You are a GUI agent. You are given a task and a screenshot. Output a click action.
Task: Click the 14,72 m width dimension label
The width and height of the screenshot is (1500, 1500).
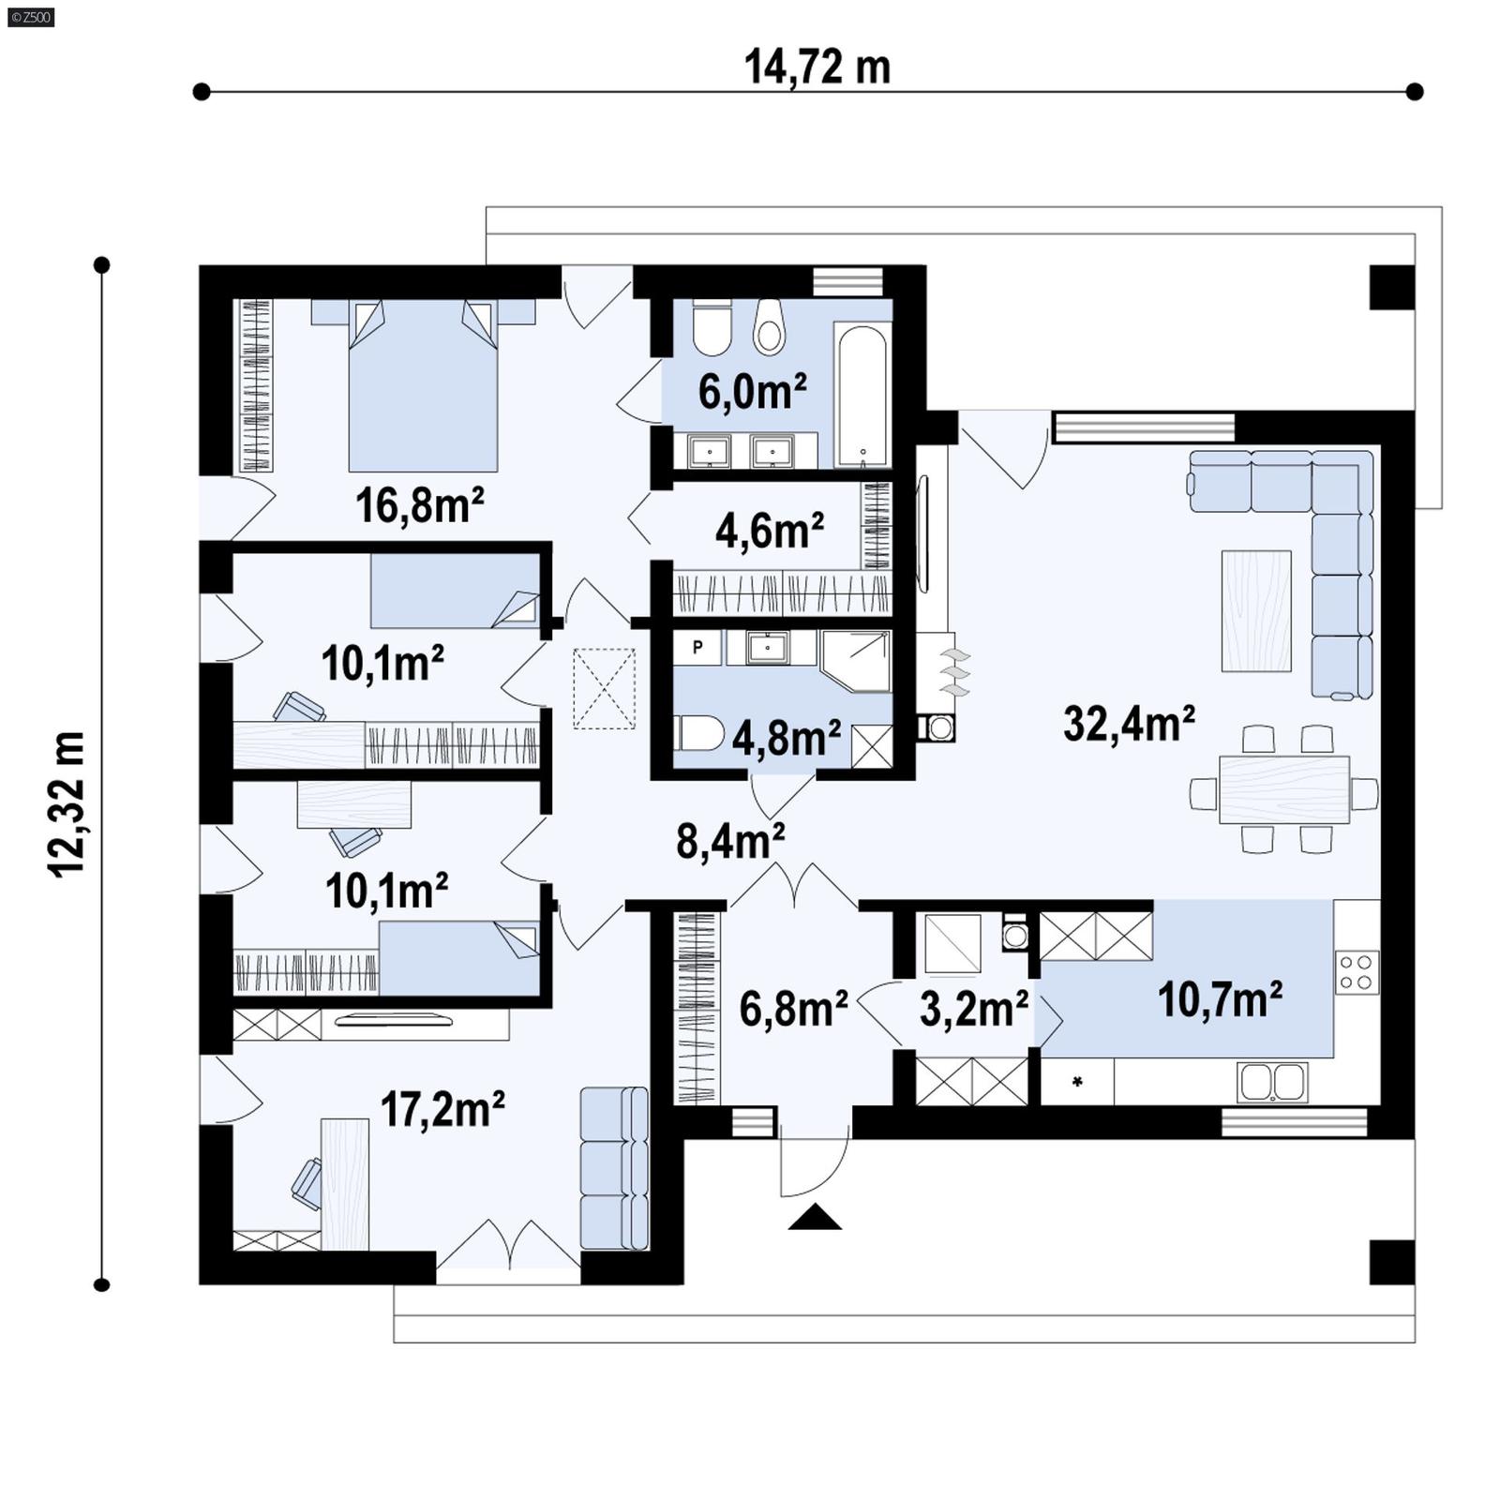817,67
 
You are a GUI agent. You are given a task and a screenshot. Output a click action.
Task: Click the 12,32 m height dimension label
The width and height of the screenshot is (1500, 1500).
67,803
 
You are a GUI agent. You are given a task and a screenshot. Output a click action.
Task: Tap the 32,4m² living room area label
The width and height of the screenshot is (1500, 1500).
1129,724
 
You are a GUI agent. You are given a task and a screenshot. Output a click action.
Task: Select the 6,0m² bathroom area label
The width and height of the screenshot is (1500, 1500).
752,391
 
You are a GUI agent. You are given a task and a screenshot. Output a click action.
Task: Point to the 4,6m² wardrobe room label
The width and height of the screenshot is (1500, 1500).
769,531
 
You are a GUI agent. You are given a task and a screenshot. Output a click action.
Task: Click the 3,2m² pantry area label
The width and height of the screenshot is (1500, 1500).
973,1009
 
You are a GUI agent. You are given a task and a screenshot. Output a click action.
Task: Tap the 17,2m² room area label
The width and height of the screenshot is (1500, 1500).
442,1109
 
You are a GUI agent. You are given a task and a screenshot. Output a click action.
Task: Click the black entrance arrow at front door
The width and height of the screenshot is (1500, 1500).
815,1217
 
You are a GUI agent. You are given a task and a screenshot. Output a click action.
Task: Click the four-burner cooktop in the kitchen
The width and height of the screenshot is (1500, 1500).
1357,971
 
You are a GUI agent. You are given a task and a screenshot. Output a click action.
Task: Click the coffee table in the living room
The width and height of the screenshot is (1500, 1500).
1256,611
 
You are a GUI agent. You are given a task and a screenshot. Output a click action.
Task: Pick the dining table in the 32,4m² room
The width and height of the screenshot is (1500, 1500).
1283,789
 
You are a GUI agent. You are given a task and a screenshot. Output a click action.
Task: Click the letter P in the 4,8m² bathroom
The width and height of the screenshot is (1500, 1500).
697,647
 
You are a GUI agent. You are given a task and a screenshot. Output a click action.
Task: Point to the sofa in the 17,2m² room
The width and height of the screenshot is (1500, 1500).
614,1167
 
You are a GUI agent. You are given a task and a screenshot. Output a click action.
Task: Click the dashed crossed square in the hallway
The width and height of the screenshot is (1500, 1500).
604,688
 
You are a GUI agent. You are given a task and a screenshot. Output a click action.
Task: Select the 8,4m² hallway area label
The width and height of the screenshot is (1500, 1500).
730,841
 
